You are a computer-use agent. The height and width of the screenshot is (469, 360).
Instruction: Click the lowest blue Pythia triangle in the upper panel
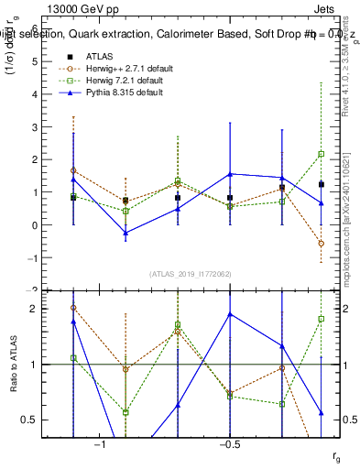(x=125, y=233)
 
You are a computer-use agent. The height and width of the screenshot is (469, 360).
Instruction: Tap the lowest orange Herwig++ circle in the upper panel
(x=321, y=244)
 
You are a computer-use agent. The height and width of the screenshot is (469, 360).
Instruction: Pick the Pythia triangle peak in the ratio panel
(x=230, y=314)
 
